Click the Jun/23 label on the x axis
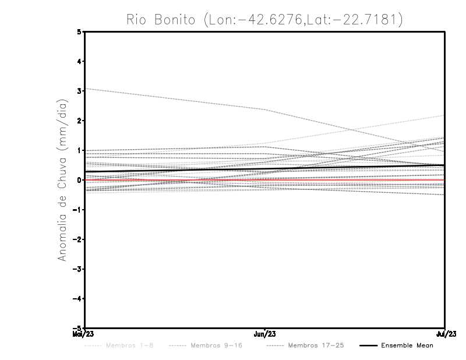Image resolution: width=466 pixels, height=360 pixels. click(x=265, y=334)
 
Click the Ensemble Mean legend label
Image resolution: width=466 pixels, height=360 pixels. click(x=407, y=345)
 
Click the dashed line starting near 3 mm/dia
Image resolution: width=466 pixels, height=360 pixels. click(x=175, y=99)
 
